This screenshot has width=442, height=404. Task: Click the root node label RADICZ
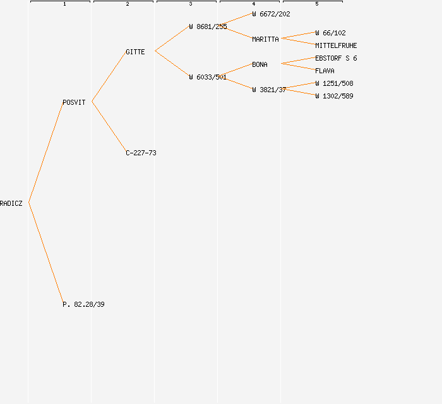[11, 203]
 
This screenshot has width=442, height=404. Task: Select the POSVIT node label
[74, 102]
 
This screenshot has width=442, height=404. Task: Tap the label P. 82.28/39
[83, 304]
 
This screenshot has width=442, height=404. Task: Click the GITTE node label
[135, 52]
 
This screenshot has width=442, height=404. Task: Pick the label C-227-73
[141, 153]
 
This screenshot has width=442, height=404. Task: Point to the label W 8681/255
[208, 27]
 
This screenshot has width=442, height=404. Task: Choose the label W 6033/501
[208, 77]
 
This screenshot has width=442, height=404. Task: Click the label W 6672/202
[271, 14]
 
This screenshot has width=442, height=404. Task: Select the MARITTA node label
[265, 39]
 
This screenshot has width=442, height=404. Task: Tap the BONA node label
[260, 64]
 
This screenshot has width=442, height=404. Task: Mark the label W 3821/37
[269, 90]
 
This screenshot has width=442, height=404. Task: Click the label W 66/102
[330, 33]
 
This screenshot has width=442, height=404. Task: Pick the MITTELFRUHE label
[336, 45]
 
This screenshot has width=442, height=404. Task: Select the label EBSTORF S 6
[336, 58]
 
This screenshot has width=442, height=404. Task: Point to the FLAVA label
[325, 71]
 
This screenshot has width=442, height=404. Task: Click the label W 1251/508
[334, 83]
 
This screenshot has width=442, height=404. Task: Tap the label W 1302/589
[334, 96]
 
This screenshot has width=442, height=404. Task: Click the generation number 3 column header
[190, 4]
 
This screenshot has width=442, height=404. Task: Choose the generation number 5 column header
[316, 4]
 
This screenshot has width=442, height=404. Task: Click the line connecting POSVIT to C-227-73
[109, 126]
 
